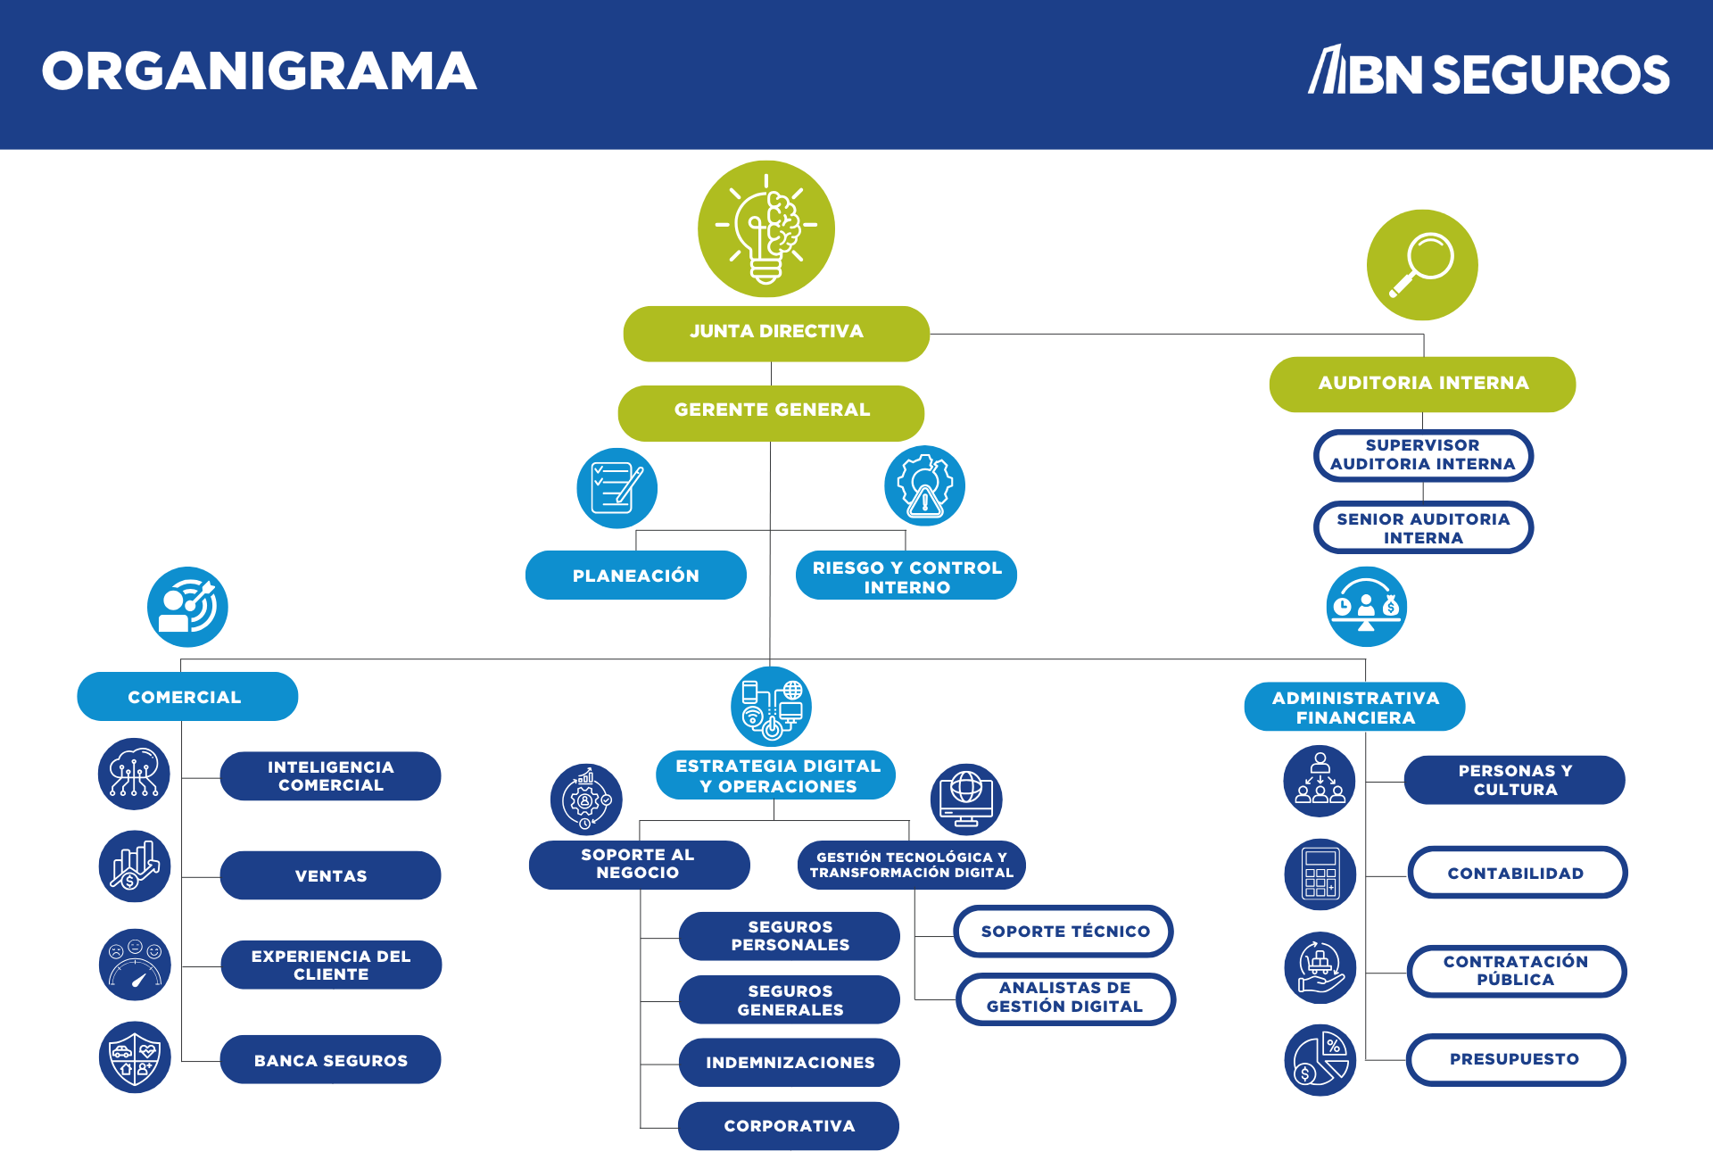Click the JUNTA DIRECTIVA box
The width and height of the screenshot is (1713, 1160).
pos(776,333)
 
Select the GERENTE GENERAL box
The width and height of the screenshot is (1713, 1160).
pos(771,411)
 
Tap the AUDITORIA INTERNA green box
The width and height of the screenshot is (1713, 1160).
pos(1422,384)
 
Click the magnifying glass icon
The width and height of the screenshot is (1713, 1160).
pos(1422,265)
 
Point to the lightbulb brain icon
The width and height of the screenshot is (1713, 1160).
pos(765,229)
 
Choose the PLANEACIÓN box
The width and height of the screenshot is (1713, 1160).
pos(635,576)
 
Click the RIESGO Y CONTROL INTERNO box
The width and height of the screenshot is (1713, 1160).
pos(906,576)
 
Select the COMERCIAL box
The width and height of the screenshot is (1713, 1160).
pos(186,697)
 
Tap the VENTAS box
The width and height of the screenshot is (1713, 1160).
pos(330,875)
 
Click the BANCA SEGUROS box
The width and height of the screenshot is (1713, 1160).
pos(330,1060)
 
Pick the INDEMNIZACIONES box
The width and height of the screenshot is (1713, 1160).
pos(789,1063)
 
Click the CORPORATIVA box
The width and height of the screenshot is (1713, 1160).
pos(789,1126)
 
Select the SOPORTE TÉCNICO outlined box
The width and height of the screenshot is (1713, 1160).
pos(1063,932)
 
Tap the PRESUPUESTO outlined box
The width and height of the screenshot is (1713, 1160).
pos(1515,1059)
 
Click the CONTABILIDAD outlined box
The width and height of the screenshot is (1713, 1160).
pos(1517,873)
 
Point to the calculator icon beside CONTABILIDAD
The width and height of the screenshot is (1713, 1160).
pos(1320,874)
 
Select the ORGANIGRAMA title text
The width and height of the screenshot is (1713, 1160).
pos(259,71)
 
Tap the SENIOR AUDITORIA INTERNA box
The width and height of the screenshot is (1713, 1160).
pos(1423,527)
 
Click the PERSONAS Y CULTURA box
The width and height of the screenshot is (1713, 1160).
pos(1514,780)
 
